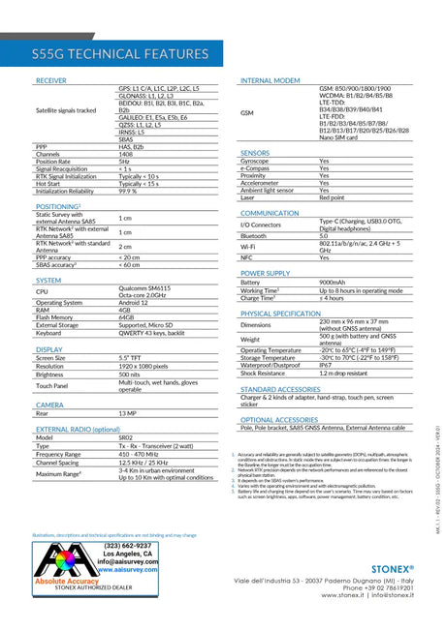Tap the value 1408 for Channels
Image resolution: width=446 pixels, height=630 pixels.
click(x=126, y=154)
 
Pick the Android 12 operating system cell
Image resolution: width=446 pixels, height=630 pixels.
click(x=133, y=302)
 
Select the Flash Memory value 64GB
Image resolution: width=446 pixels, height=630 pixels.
click(x=126, y=316)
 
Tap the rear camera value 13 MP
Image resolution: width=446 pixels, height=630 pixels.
click(x=128, y=413)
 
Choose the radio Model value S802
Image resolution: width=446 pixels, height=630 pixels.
click(x=126, y=437)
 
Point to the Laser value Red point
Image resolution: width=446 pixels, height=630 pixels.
click(x=332, y=197)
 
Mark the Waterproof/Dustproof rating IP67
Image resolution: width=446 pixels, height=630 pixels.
click(x=326, y=365)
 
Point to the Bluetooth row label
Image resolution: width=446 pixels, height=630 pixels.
click(x=253, y=235)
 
